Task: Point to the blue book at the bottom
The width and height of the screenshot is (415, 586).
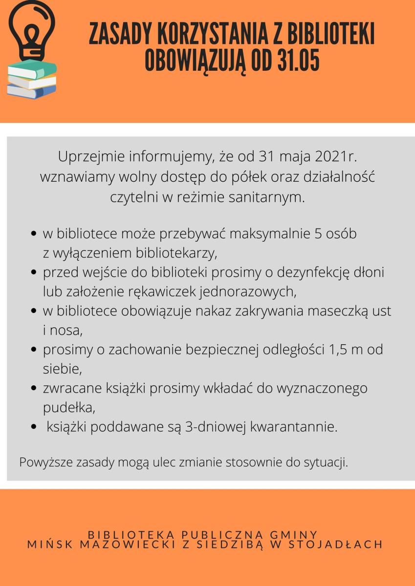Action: (31, 91)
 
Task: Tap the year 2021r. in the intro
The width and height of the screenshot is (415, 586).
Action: (336, 157)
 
